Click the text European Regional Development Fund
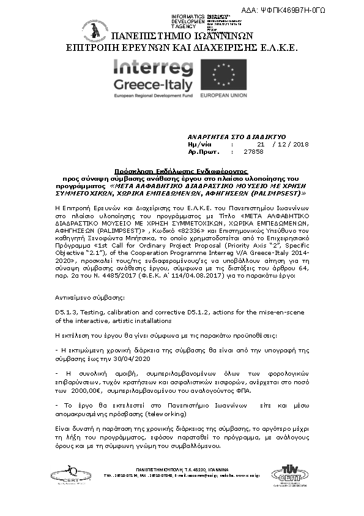point(154,96)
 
